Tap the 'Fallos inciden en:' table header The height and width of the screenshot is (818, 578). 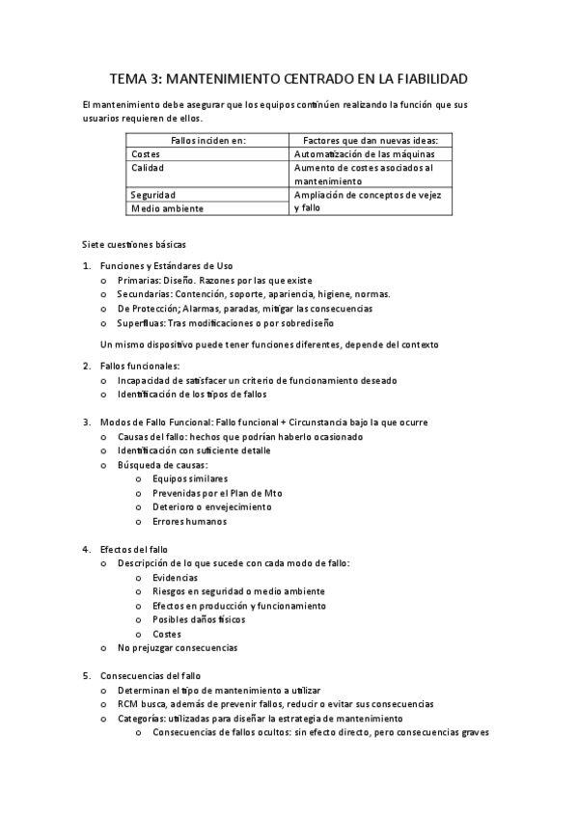tap(207, 140)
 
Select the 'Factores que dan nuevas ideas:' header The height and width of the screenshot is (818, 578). tap(370, 140)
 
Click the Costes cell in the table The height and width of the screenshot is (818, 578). tap(146, 153)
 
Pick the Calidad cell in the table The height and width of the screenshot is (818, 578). tap(148, 167)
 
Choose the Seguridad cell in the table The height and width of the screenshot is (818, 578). tap(153, 194)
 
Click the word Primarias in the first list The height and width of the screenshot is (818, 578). tap(140, 280)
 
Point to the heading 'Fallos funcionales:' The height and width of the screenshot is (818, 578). tap(140, 367)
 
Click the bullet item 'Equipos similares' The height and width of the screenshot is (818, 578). tap(190, 478)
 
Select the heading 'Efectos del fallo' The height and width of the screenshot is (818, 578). tap(133, 549)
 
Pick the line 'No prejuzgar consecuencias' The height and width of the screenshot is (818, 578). tap(177, 647)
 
